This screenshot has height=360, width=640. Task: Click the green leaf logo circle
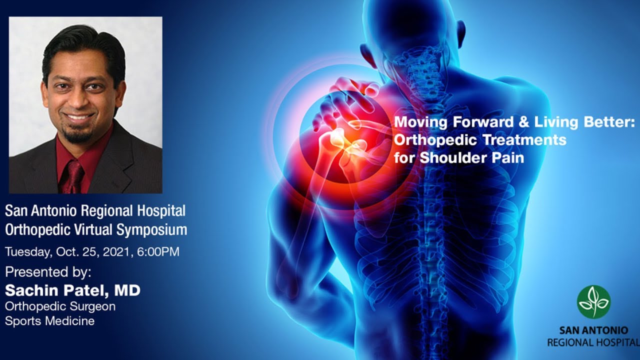[593, 301]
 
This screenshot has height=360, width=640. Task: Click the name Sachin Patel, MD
[72, 290]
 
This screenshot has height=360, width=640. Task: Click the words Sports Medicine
[49, 321]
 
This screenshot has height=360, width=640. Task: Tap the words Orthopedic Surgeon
[60, 306]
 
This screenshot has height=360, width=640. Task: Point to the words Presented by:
[48, 272]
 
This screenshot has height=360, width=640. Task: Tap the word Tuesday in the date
[28, 251]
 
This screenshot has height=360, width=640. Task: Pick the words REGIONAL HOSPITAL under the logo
[593, 342]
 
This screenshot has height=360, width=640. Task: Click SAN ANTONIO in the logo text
[593, 331]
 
